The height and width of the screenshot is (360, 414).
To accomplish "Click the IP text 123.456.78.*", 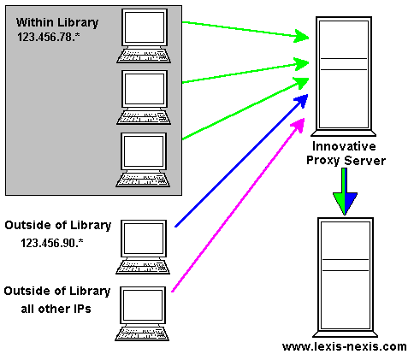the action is point(48,37).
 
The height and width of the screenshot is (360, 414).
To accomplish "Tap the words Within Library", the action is point(57,22).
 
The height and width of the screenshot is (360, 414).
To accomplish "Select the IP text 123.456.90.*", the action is point(52,243).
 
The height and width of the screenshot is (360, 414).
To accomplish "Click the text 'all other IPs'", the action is point(56,309).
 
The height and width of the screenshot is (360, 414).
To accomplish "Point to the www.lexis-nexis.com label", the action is point(345,346).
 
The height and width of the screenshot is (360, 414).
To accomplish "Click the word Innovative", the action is point(344,146).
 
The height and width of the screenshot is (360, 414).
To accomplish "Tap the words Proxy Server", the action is point(346,160).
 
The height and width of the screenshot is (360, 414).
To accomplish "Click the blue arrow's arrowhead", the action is point(302,101).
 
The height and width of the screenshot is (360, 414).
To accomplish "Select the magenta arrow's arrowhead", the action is point(299,125).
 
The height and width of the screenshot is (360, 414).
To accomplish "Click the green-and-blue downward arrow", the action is point(345,191).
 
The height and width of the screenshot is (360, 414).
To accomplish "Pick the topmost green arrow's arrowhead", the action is point(302,36).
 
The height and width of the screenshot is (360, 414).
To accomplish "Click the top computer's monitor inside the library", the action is point(145,27).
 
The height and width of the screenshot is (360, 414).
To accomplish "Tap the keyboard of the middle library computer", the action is point(144,118).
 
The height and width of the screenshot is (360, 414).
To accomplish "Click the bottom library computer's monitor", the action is point(144,151).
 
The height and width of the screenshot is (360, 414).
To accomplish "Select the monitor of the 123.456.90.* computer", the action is point(144,239).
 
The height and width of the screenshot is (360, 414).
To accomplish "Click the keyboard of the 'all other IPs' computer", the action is point(142,333).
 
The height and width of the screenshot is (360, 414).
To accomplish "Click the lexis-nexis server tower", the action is point(346,277).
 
